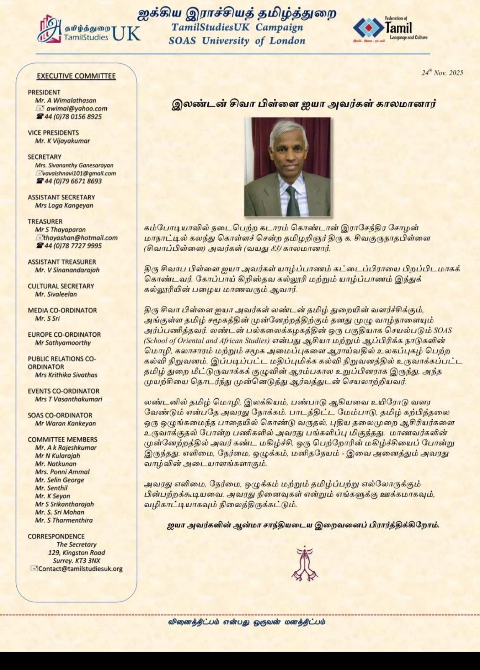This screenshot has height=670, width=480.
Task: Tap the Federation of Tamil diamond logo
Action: [x=368, y=28]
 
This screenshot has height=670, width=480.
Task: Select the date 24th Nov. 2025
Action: [x=442, y=73]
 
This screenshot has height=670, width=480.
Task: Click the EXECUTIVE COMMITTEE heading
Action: [x=76, y=76]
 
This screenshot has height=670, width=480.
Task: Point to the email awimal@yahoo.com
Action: [x=77, y=108]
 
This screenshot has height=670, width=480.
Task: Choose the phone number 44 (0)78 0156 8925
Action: [x=73, y=116]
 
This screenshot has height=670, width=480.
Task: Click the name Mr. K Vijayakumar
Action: [x=62, y=141]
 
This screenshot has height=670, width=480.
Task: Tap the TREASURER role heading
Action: [x=45, y=221]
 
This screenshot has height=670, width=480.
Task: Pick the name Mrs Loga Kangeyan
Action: [x=64, y=205]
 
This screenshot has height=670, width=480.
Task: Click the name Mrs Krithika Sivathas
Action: [x=66, y=375]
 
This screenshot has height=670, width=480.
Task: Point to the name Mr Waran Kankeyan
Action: [x=65, y=423]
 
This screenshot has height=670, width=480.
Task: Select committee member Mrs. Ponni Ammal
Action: [x=62, y=472]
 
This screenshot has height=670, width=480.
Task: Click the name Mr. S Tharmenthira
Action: [x=64, y=520]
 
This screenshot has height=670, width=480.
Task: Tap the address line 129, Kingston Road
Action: [x=77, y=552]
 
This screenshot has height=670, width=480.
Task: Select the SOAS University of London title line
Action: [x=237, y=41]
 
